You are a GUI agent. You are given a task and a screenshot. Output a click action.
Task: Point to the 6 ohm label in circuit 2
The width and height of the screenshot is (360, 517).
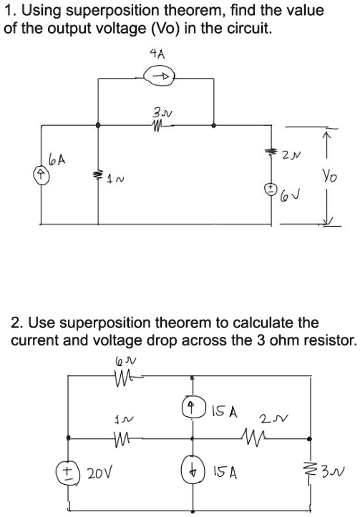pos(120,370)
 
